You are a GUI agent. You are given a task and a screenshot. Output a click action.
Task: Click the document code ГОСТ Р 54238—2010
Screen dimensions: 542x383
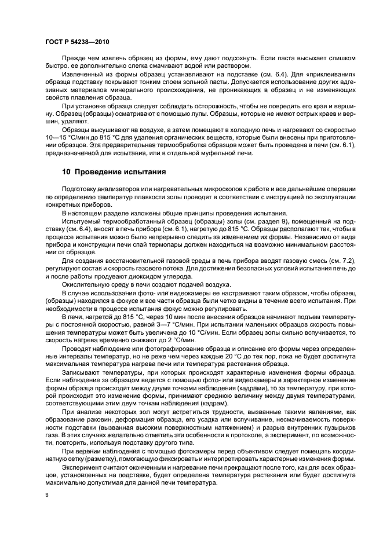click(x=76, y=42)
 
